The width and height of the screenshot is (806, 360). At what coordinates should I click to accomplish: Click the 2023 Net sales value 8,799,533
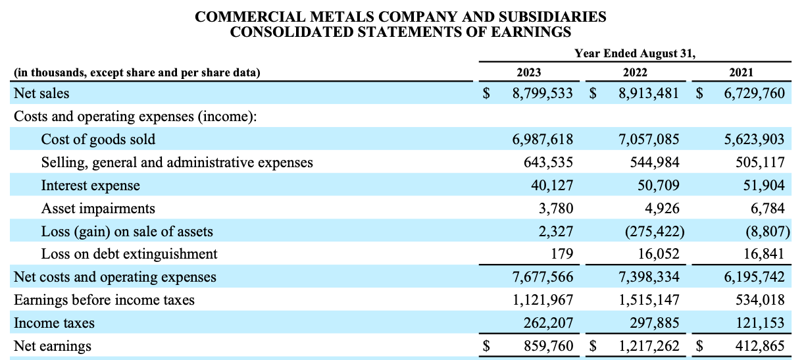tap(542, 93)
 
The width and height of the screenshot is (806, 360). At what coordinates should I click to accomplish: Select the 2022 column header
tap(635, 72)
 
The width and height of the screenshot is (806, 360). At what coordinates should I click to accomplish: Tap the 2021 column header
tap(742, 72)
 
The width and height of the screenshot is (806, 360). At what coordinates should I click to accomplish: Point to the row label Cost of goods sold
tap(98, 140)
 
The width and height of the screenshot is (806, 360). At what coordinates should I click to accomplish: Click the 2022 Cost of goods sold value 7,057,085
tap(649, 140)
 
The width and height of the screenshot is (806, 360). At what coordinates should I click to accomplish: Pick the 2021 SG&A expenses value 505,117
tap(760, 163)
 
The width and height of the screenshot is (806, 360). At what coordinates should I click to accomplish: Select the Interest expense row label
tap(90, 186)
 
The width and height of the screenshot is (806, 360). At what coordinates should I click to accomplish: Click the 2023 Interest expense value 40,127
tap(552, 186)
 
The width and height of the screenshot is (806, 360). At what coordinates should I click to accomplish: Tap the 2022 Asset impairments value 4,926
tap(662, 209)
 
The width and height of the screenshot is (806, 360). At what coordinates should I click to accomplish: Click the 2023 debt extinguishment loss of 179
tap(562, 254)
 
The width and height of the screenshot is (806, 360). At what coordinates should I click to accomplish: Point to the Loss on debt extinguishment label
tap(129, 254)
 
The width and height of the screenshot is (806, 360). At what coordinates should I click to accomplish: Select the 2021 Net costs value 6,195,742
tap(754, 277)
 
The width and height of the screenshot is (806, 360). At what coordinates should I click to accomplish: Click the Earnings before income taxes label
tap(104, 300)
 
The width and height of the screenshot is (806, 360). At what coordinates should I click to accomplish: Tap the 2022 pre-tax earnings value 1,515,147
tap(649, 300)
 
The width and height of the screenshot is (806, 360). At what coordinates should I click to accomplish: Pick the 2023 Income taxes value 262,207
tap(548, 323)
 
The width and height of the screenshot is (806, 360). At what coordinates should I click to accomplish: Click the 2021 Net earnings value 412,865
tap(760, 346)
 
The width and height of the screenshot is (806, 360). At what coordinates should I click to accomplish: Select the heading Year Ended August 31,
tap(635, 53)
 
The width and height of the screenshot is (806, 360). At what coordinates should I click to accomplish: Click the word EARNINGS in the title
tap(531, 32)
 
